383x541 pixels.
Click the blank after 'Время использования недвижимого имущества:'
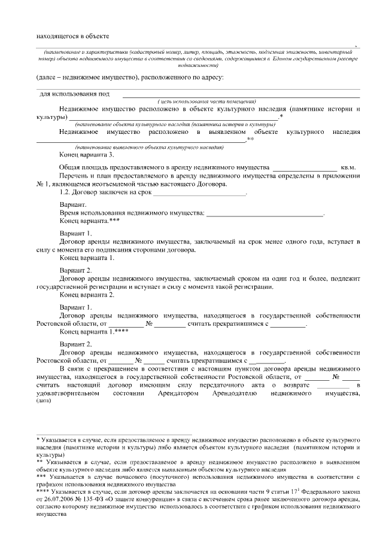point(264,213)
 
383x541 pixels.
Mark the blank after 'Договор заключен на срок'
point(200,192)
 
